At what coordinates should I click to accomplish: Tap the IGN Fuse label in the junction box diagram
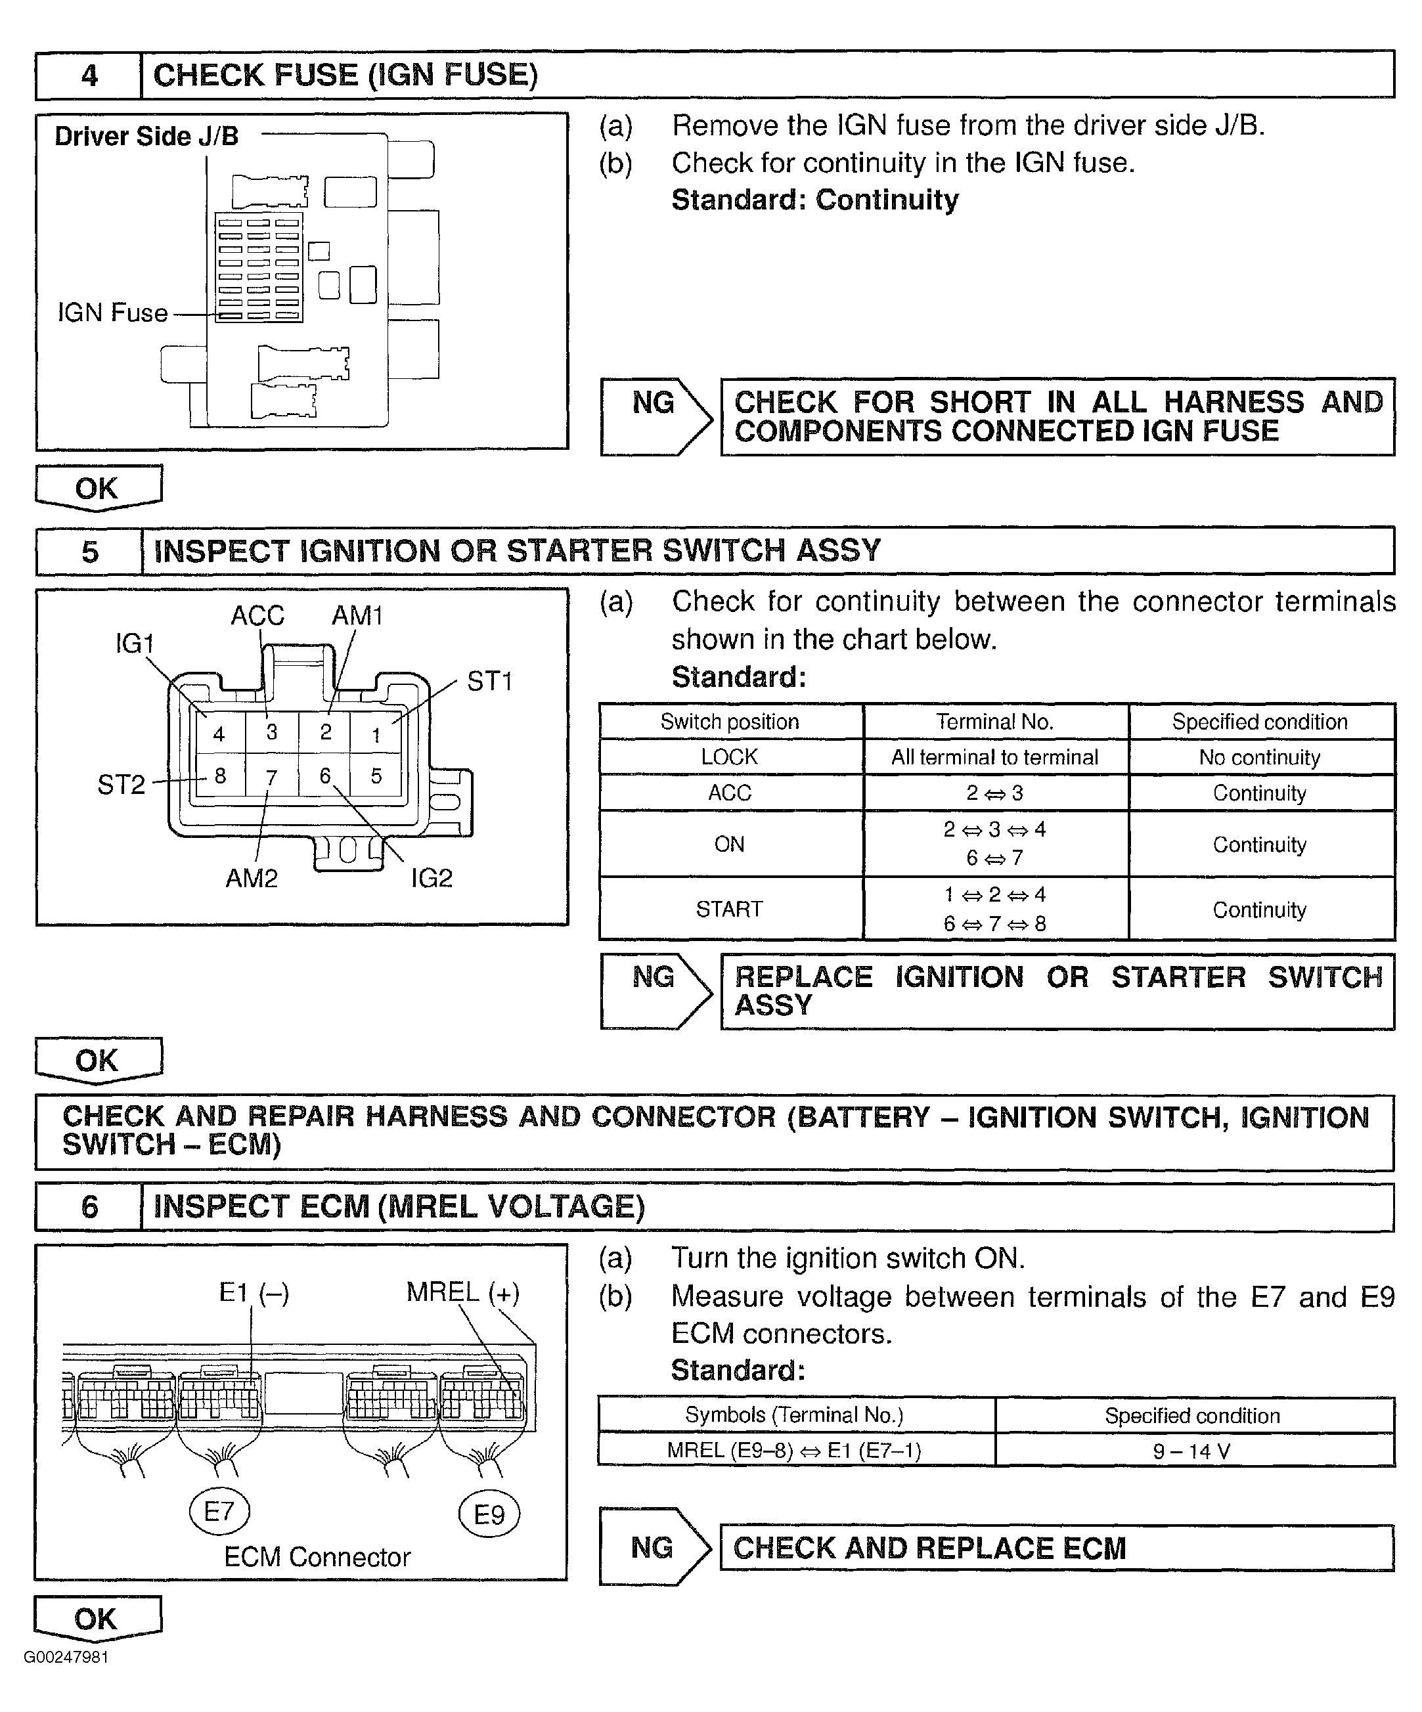click(x=112, y=313)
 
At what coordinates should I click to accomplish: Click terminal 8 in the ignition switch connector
click(x=220, y=776)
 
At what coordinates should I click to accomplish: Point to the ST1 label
click(x=489, y=682)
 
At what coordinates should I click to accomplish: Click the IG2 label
click(x=432, y=878)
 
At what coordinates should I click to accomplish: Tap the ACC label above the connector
click(x=257, y=615)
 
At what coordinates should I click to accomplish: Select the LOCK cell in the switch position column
click(x=730, y=757)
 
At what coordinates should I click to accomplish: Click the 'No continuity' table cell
click(x=1259, y=757)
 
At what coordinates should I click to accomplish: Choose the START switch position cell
click(x=730, y=909)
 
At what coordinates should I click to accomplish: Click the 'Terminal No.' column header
click(x=995, y=722)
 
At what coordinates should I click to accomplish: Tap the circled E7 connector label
click(x=219, y=1512)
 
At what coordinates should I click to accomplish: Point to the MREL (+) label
click(x=462, y=1292)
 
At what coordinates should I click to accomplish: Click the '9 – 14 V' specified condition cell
click(x=1192, y=1451)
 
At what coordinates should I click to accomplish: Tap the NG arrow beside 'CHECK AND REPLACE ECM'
click(x=654, y=1547)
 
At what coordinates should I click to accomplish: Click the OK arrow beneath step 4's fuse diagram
click(x=98, y=489)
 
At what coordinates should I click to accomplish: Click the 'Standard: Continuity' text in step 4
click(x=814, y=200)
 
